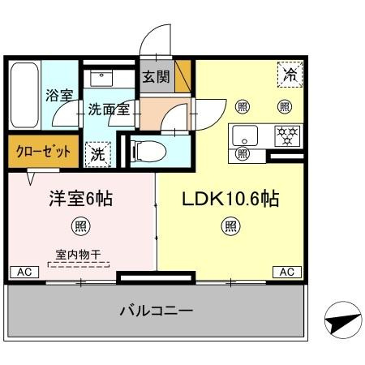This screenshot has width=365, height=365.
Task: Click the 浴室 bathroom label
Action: (59, 95)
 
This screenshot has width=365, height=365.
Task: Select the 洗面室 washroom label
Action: (109, 109)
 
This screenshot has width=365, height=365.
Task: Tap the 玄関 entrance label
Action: (156, 78)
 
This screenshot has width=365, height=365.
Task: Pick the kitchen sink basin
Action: (243, 133)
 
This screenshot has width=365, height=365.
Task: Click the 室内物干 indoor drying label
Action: (79, 254)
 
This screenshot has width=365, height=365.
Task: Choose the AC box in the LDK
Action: (287, 273)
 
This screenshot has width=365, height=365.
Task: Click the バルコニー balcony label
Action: (157, 311)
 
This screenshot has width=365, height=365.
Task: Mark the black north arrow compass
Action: (341, 322)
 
